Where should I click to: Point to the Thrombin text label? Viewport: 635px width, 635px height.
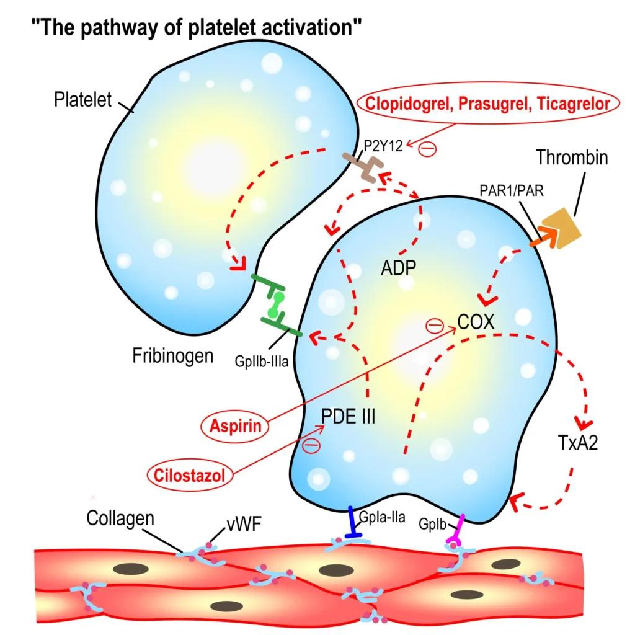pos(572,158)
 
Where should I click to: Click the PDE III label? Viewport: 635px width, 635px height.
pos(348,416)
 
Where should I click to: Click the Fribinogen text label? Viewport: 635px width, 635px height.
pos(173,356)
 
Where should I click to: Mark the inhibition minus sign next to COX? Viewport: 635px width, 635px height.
pos(435,325)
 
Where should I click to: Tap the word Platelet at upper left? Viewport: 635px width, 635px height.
pos(82,99)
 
